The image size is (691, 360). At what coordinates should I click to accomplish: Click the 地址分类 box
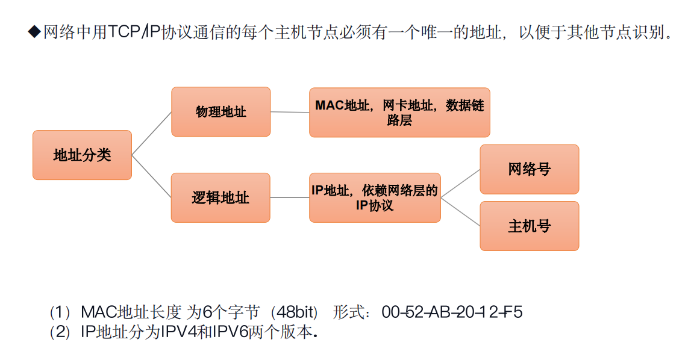point(82,155)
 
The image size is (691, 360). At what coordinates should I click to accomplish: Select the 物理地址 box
point(220,111)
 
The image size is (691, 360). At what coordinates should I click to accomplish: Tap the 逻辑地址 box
point(220,197)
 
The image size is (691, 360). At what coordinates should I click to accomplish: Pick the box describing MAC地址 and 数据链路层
point(399,113)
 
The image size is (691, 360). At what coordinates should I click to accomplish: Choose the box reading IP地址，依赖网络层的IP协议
point(375,197)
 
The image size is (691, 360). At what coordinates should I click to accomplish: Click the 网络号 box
point(529,169)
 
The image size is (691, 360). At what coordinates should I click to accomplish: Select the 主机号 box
point(529,226)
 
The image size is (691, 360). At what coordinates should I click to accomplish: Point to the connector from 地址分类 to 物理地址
point(151,134)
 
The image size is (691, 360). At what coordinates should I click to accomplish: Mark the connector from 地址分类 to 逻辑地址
point(151,176)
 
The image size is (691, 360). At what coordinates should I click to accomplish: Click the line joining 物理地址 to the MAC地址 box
point(290,112)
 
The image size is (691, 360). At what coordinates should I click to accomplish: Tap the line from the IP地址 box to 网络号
point(460,183)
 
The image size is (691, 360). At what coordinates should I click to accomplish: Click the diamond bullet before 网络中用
point(34,32)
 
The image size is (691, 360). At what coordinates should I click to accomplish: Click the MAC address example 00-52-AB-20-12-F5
point(452,312)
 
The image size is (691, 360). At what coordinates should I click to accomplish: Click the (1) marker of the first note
point(61,312)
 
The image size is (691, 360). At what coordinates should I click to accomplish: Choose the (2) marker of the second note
point(61,332)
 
